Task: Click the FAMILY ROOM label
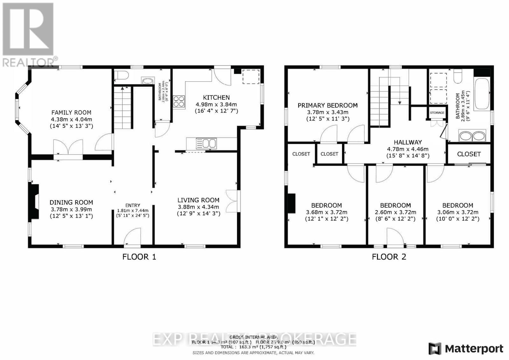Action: [x=71, y=113]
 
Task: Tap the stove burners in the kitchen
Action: [x=179, y=101]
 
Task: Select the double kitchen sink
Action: [x=206, y=144]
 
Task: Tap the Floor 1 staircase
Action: [x=122, y=108]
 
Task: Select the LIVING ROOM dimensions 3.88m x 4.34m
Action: [x=199, y=207]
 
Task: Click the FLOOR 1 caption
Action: [x=139, y=257]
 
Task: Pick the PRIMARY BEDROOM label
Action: [x=327, y=105]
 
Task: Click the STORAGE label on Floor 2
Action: [x=437, y=113]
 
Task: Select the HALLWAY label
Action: [x=408, y=142]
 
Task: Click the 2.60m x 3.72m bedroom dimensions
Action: [x=395, y=212]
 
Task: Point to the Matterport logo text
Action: [x=474, y=349]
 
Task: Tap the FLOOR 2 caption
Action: [x=389, y=257]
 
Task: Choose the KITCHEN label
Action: [x=216, y=97]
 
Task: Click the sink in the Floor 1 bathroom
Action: [x=147, y=81]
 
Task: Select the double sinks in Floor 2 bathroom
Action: [x=472, y=136]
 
